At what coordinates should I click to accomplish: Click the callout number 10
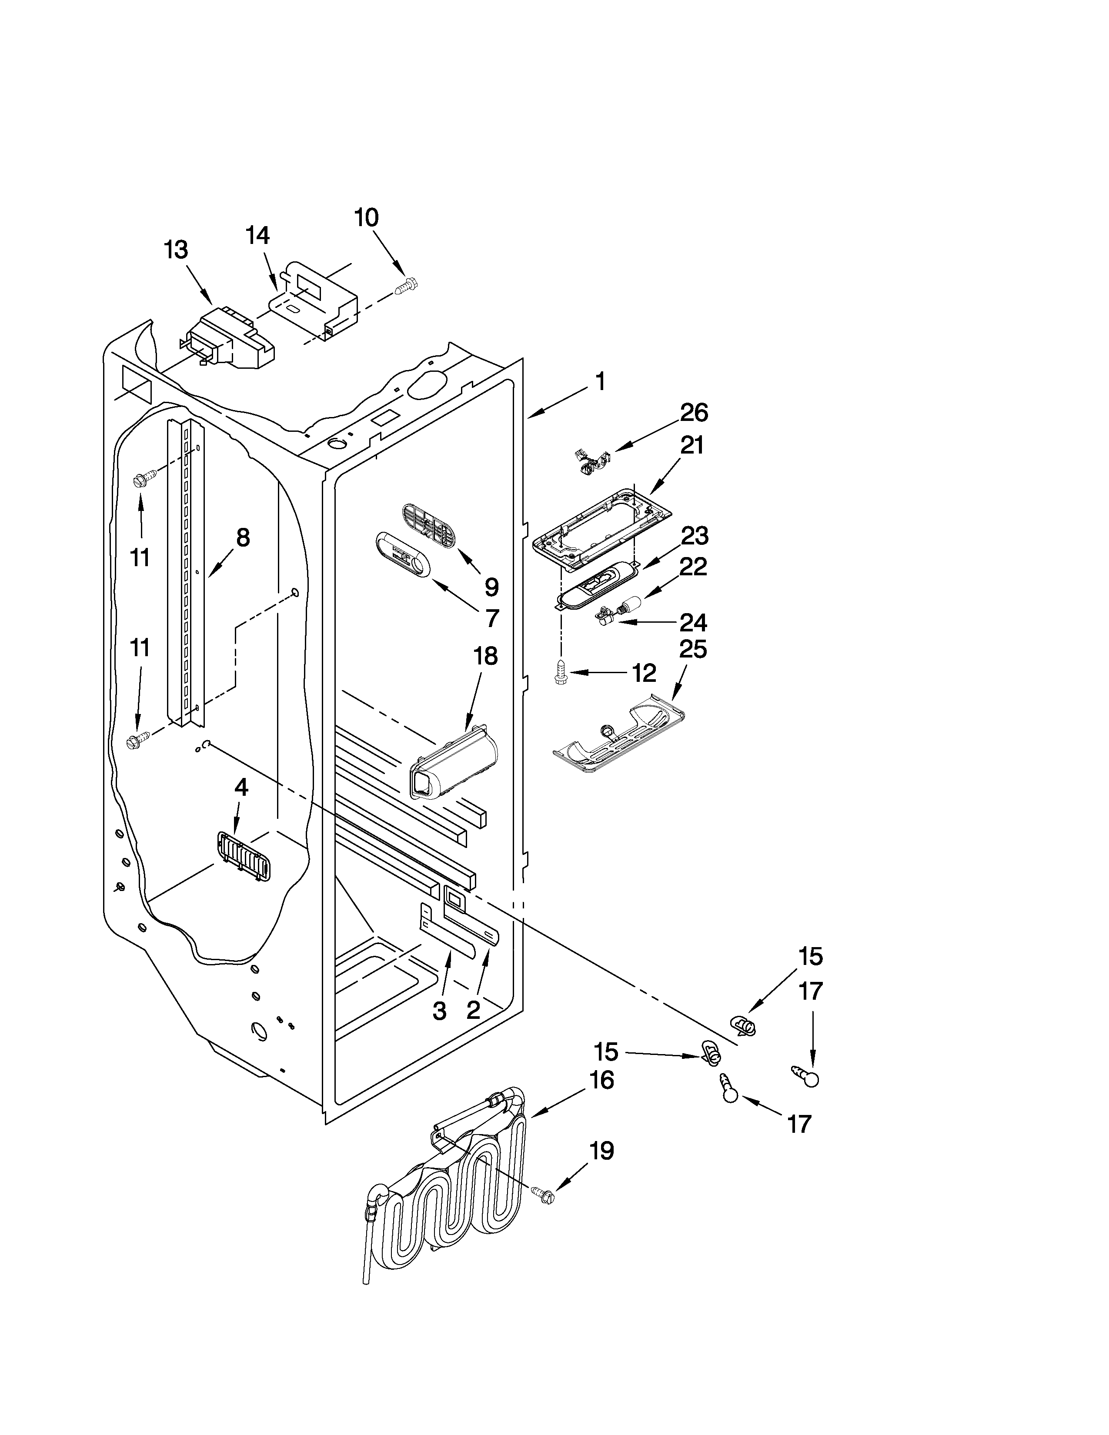click(367, 217)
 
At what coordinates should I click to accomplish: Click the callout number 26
click(694, 413)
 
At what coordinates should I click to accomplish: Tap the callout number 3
click(440, 1011)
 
